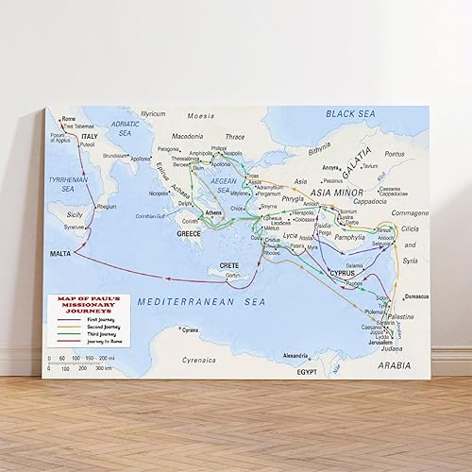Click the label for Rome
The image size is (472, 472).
(x=70, y=119)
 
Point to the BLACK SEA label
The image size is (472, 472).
(x=351, y=113)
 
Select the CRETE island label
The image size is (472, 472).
(x=228, y=264)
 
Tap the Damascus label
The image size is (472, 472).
(x=416, y=296)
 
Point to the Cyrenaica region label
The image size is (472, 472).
(x=199, y=360)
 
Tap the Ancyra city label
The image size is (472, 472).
(x=330, y=168)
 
